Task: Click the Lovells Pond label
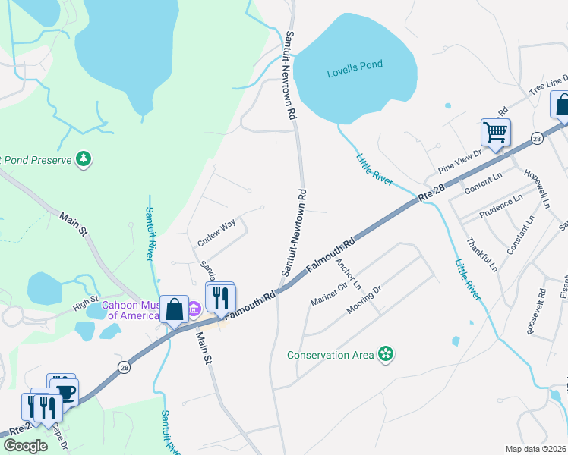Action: (x=355, y=74)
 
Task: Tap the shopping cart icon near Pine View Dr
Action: (x=495, y=133)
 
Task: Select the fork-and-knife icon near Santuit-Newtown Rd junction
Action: (x=221, y=297)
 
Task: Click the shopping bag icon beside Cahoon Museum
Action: (x=175, y=309)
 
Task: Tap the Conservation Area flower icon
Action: (x=387, y=354)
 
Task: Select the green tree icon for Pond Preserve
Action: (x=84, y=159)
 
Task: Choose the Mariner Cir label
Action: (x=328, y=293)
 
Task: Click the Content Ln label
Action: (x=483, y=187)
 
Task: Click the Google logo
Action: (x=25, y=446)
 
